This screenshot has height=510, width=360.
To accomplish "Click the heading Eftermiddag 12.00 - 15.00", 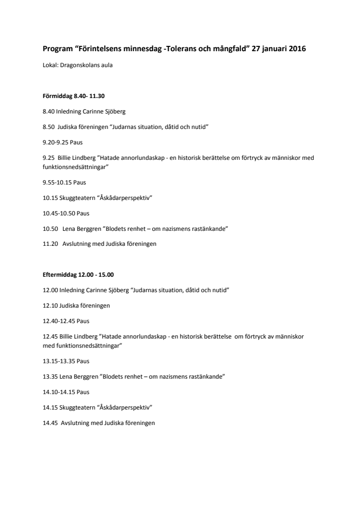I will (78, 275).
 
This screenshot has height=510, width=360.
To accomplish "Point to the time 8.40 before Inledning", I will (48, 112).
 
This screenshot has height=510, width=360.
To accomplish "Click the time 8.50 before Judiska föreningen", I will (48, 127).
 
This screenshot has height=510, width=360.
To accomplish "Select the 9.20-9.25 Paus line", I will (64, 143).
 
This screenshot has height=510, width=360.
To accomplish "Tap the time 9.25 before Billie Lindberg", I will (48, 158).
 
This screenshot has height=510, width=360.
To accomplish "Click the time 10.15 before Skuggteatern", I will (50, 198).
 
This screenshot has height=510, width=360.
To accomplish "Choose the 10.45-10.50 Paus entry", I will (66, 213).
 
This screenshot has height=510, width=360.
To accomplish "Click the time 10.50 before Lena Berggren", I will (50, 228).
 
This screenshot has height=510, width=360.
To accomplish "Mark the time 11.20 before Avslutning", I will (50, 244).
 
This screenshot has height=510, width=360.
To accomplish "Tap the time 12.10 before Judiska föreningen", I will (50, 306).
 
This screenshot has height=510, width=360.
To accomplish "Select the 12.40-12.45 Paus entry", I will (66, 321).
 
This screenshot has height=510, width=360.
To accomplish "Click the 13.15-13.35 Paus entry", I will (66, 361).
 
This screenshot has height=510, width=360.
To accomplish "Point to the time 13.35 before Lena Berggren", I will (50, 376).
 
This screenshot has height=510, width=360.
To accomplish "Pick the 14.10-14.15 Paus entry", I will (66, 392).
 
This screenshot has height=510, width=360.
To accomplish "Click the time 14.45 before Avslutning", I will (50, 423).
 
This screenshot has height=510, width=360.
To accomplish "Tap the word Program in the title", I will (56, 49).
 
